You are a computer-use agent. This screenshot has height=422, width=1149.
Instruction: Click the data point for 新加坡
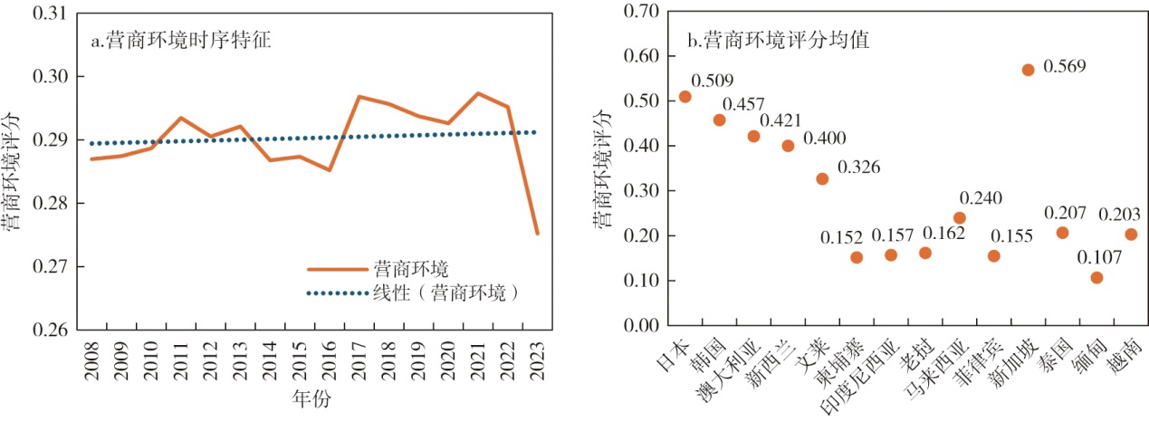coord(1028,70)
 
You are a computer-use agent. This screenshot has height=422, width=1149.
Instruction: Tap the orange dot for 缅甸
coord(1096,277)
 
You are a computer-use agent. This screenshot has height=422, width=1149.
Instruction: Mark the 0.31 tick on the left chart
coord(50,14)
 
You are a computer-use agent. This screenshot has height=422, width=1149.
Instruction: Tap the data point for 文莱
coord(822,178)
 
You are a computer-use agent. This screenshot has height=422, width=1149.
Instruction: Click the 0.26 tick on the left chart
coord(50,330)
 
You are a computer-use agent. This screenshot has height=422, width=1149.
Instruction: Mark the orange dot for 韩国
coord(719,120)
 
